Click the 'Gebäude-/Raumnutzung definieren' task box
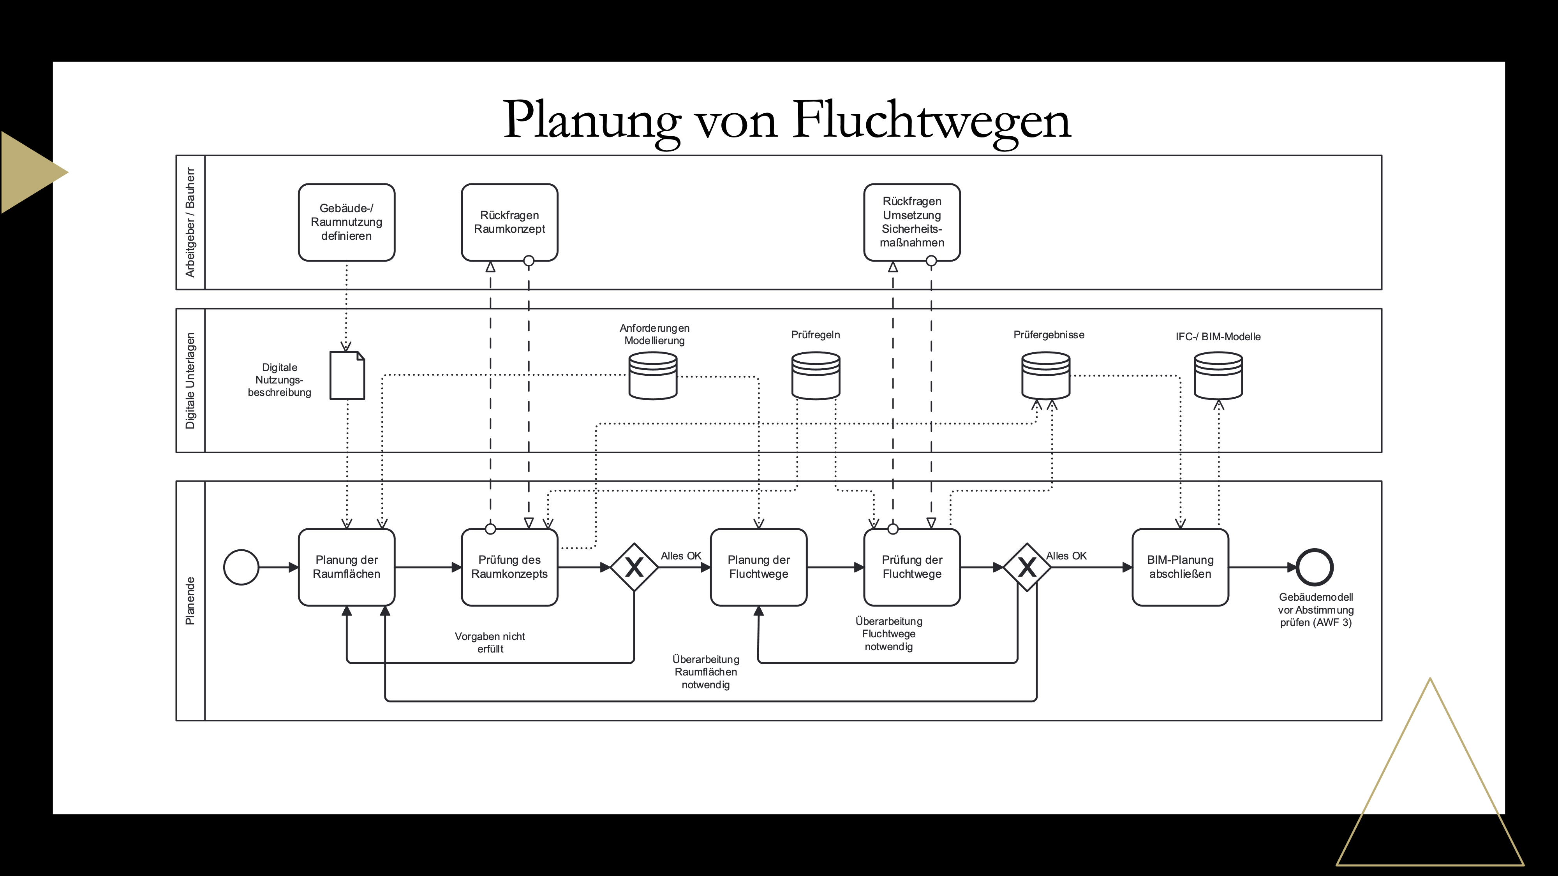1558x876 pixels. point(347,222)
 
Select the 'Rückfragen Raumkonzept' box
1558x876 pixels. point(509,222)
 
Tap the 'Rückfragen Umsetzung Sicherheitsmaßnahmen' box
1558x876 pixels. point(912,222)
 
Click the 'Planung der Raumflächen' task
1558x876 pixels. point(347,567)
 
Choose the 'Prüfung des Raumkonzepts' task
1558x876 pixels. point(509,567)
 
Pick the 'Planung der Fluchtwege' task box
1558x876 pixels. point(758,567)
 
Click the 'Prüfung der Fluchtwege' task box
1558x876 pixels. point(912,567)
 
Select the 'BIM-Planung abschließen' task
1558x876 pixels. point(1180,567)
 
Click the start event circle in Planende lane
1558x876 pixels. point(241,567)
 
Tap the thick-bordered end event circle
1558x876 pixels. point(1315,567)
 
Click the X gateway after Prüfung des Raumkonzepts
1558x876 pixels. point(634,567)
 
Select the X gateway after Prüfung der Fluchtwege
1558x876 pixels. point(1027,567)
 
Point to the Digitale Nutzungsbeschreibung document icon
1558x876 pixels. point(347,375)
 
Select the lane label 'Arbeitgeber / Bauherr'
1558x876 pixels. point(190,222)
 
